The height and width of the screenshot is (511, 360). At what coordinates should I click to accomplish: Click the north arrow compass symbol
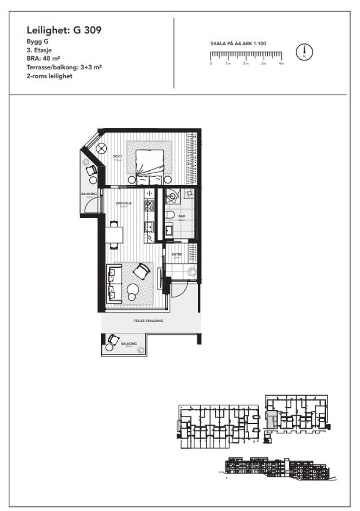tap(304, 52)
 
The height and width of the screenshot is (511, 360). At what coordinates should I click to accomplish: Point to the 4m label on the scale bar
tap(281, 63)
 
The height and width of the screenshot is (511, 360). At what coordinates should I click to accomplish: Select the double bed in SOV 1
tap(149, 166)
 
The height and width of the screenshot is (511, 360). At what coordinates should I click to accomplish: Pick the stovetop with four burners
tap(149, 206)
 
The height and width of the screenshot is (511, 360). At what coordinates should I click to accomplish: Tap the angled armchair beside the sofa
tap(142, 271)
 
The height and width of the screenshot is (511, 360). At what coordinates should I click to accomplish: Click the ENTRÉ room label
tap(177, 255)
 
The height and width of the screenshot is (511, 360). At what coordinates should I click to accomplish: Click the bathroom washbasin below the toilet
tap(169, 231)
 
